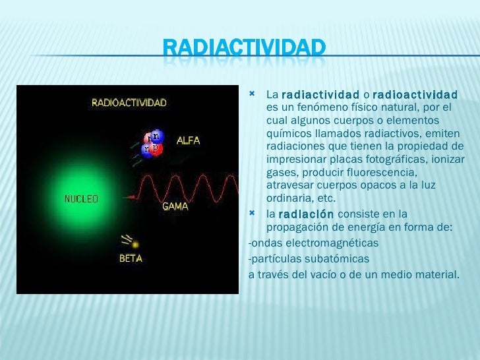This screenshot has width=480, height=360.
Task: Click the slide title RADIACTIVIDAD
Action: pos(244,47)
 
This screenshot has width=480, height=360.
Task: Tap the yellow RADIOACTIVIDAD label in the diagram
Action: pos(129,102)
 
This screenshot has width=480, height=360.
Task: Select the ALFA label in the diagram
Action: pos(188,140)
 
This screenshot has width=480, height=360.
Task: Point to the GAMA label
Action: pos(175,206)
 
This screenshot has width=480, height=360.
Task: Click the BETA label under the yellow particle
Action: pos(131,258)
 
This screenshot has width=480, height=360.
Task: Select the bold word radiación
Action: pos(307,214)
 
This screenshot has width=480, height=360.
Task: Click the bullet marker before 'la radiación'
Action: pos(253,214)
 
